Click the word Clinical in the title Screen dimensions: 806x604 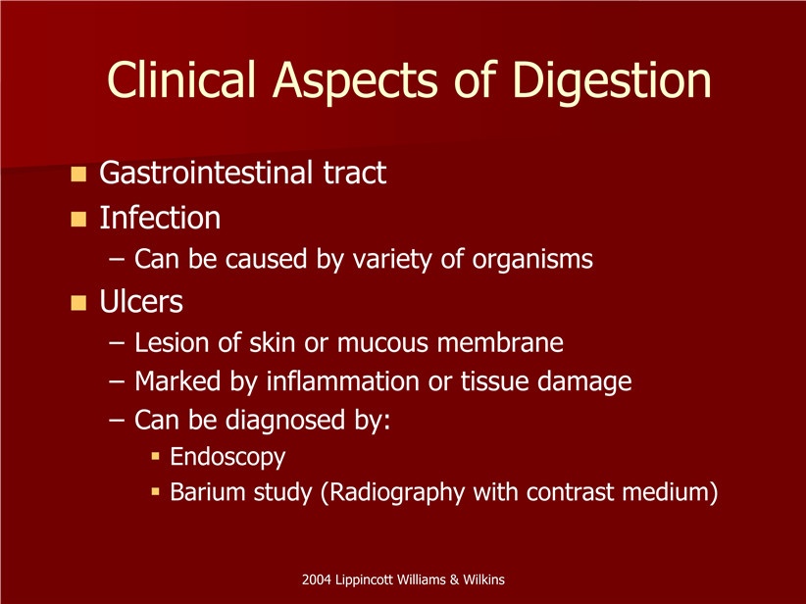tap(181, 79)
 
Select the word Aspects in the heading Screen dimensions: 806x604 tap(355, 83)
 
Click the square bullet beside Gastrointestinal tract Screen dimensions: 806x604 tap(78, 174)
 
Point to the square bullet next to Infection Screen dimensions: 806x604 tap(78, 219)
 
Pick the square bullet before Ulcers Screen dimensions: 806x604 tap(78, 303)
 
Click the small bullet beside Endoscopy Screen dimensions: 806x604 tap(156, 456)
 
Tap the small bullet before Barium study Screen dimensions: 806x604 tap(156, 492)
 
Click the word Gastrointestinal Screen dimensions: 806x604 tap(206, 173)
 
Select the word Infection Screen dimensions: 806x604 tap(160, 218)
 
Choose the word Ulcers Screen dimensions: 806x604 tap(141, 301)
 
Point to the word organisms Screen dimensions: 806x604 tap(532, 260)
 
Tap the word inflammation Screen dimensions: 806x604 tap(342, 381)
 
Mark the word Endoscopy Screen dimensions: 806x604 tap(227, 458)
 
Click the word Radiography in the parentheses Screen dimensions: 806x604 tap(393, 493)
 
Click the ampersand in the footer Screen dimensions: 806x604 tap(454, 579)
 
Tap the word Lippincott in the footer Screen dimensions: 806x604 tap(363, 580)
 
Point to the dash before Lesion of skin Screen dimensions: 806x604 tap(117, 343)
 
